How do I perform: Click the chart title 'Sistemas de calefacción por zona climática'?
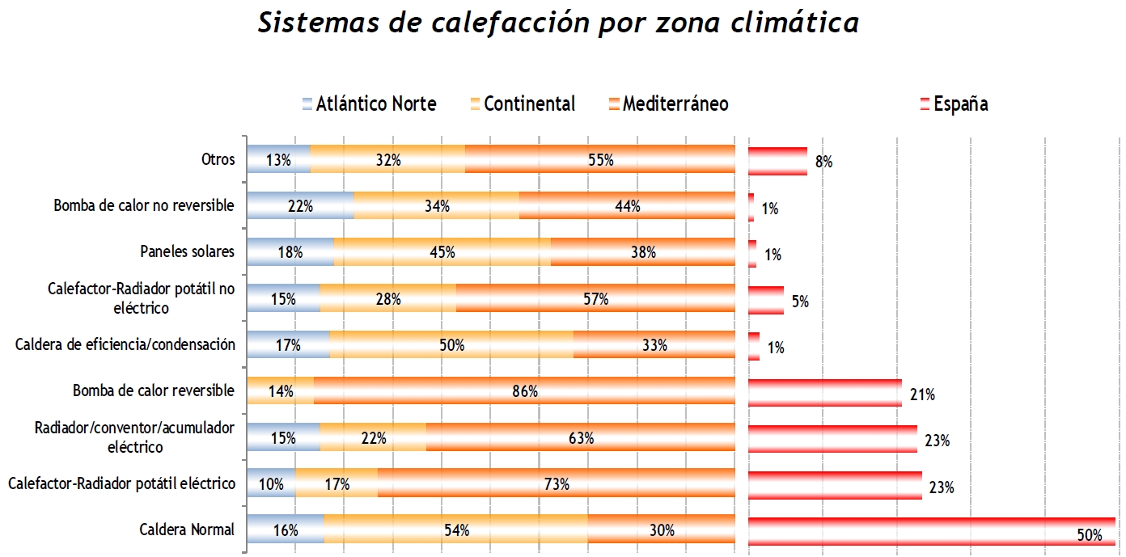point(558,23)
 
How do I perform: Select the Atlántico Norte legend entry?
point(369,104)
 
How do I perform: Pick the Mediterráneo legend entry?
point(667,104)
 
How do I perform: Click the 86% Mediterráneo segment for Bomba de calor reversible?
point(524,392)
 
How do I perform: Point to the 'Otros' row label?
point(218,159)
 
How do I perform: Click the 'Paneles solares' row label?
point(187,251)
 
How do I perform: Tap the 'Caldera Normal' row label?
point(187,530)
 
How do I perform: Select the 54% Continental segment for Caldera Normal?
point(455,530)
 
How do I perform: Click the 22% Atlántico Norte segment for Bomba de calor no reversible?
point(300,206)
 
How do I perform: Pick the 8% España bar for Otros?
point(777,161)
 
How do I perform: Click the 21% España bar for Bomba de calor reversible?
point(824,392)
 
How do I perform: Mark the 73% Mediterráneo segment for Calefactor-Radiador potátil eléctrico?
point(556,484)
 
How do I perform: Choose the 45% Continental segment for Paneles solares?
point(442,252)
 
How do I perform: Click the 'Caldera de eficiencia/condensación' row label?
point(125,345)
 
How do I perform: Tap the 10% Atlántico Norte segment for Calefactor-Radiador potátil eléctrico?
point(271,484)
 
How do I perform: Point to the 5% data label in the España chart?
point(800,302)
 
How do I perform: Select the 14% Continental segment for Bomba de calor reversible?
point(280,392)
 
